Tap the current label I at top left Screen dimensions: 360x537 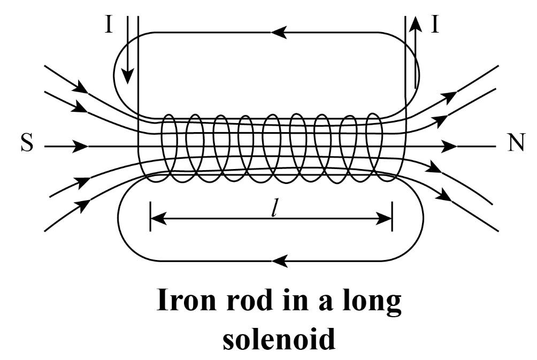pos(109,25)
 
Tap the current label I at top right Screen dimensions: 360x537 pos(435,25)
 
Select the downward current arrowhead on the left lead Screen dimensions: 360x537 pos(126,78)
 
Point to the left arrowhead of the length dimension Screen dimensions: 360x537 pos(157,218)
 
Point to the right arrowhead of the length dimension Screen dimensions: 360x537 pos(386,218)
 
